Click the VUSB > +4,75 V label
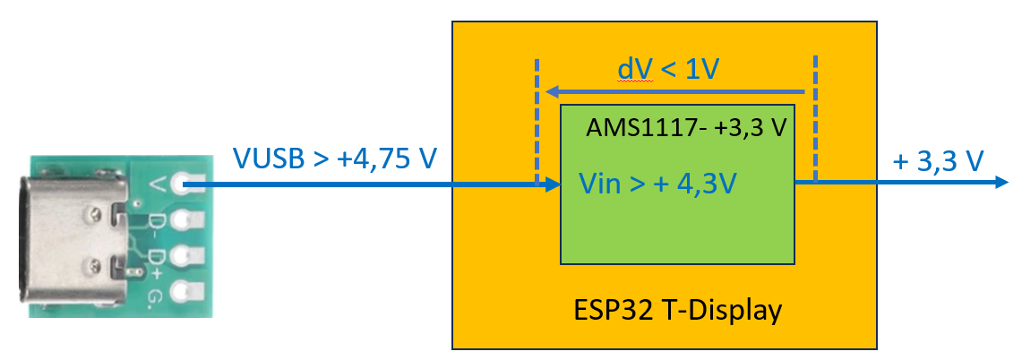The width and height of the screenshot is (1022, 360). pyautogui.click(x=336, y=159)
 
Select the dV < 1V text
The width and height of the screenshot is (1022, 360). pyautogui.click(x=668, y=70)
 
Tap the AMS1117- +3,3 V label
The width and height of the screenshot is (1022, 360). pyautogui.click(x=686, y=128)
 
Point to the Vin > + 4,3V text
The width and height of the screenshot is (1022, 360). pyautogui.click(x=658, y=184)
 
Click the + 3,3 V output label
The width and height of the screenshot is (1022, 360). pyautogui.click(x=940, y=160)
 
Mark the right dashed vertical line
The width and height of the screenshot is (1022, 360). pyautogui.click(x=816, y=116)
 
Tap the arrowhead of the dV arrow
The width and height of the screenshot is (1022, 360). pyautogui.click(x=554, y=91)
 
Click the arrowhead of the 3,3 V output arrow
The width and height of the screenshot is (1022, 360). pyautogui.click(x=1002, y=183)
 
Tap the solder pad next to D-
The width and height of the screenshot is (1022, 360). pyautogui.click(x=185, y=220)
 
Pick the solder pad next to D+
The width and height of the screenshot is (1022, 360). pyautogui.click(x=185, y=255)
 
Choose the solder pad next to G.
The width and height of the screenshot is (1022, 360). pyautogui.click(x=185, y=290)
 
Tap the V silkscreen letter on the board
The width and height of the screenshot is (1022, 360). pyautogui.click(x=158, y=185)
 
